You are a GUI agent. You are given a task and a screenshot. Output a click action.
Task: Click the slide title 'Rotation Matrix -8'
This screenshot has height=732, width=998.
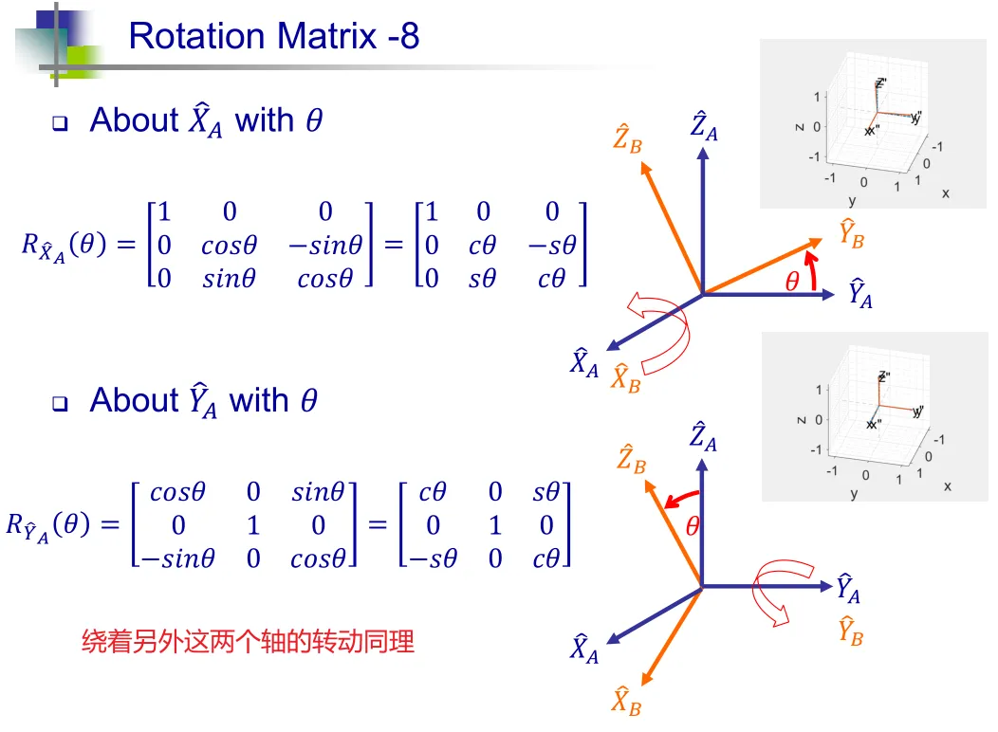[x=273, y=36]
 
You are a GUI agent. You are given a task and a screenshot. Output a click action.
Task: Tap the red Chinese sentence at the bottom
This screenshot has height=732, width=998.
[x=248, y=641]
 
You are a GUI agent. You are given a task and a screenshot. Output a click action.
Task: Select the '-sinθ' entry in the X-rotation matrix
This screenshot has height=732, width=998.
[x=325, y=245]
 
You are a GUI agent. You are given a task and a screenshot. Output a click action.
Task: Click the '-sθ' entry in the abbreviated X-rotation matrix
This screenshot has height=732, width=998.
[x=552, y=245]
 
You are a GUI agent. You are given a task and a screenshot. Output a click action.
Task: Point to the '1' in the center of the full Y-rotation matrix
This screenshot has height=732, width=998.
[x=253, y=525]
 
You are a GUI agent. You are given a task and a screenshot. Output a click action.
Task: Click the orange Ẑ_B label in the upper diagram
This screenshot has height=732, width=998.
[x=628, y=138]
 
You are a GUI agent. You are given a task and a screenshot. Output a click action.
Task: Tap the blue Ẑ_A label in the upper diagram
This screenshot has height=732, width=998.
[x=704, y=125]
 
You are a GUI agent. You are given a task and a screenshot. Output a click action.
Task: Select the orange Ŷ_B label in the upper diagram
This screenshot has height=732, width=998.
[x=852, y=233]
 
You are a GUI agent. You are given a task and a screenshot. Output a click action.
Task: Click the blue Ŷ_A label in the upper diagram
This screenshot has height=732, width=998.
[x=860, y=293]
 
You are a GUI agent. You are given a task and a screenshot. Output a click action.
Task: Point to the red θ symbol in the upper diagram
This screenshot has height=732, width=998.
[x=792, y=281]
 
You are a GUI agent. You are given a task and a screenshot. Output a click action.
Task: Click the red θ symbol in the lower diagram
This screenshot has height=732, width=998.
[x=693, y=526]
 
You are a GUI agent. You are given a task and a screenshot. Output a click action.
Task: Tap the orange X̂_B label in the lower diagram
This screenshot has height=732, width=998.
[x=626, y=701]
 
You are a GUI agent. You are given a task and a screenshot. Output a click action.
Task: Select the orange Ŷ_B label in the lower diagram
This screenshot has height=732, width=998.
[x=850, y=631]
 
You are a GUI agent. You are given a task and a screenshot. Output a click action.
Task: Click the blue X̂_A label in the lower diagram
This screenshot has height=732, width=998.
[x=584, y=649]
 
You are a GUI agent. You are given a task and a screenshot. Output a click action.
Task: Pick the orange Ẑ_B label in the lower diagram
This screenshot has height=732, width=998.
[x=632, y=459]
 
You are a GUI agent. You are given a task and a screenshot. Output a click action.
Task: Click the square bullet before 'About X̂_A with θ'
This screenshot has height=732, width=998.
[x=60, y=122]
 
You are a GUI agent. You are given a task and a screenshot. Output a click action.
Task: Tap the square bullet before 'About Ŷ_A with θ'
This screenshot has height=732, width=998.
[x=60, y=403]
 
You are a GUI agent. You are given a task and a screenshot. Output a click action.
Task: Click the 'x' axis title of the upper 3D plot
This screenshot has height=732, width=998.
[x=946, y=193]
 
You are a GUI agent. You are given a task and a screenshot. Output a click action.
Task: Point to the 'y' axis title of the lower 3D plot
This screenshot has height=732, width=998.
[x=854, y=493]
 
